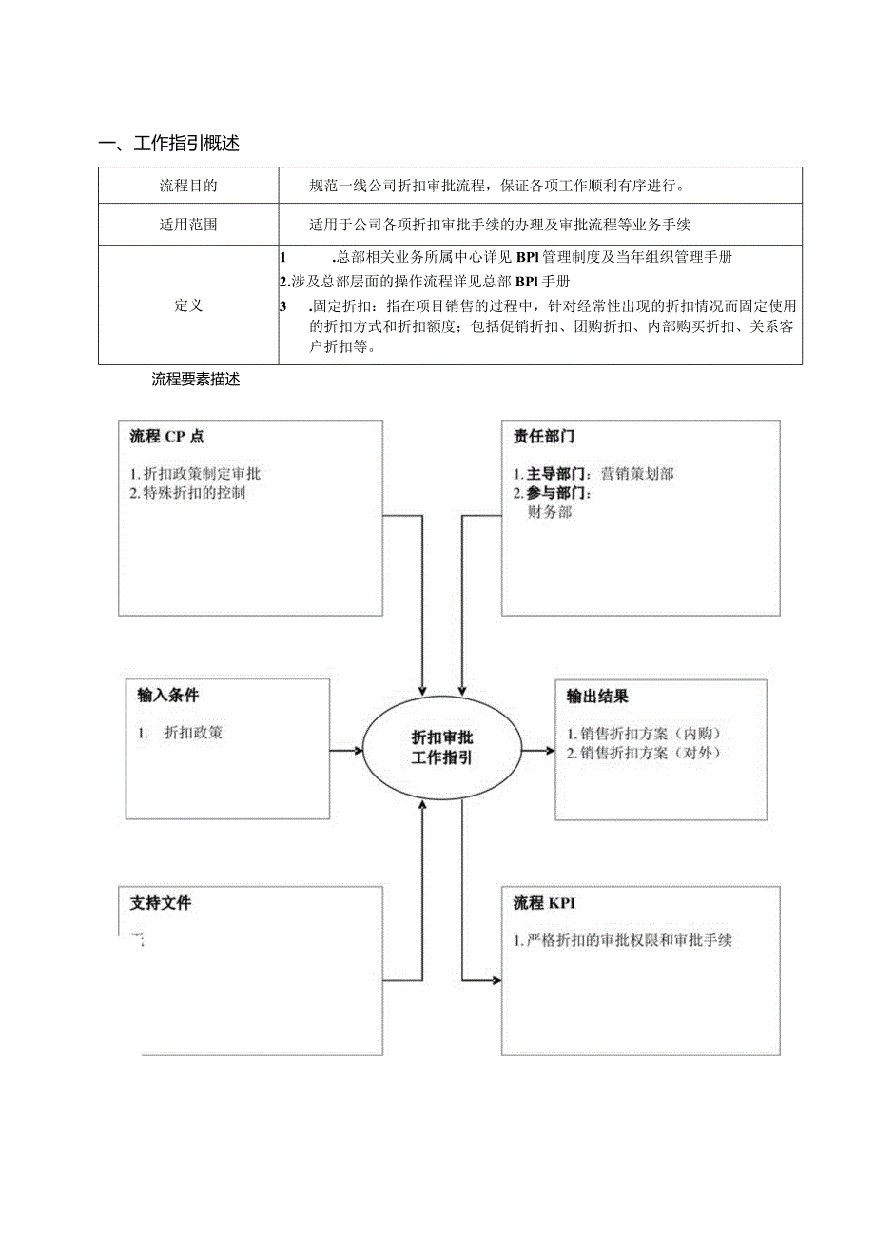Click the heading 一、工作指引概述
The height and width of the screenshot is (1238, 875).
pos(168,144)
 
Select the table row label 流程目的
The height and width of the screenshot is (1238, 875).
pos(187,186)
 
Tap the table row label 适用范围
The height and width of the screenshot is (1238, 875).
pos(187,226)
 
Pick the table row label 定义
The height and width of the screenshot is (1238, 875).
pos(187,305)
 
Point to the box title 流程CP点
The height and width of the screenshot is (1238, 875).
pos(166,437)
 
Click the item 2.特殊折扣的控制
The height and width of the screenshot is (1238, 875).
pos(187,493)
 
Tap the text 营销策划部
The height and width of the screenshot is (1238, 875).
pos(637,473)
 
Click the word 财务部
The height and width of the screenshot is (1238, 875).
pos(550,512)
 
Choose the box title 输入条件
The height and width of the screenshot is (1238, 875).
pos(167,695)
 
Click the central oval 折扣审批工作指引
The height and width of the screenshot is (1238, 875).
pos(442,748)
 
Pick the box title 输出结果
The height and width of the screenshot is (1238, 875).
pos(597,697)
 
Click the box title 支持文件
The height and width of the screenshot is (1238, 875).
pos(161,903)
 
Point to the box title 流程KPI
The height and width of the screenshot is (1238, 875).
pos(544,903)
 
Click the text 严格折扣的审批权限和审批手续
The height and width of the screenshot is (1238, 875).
pos(628,940)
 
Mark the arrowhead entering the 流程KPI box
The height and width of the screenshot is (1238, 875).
pos(496,979)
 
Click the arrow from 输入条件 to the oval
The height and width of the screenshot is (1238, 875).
pos(347,750)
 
